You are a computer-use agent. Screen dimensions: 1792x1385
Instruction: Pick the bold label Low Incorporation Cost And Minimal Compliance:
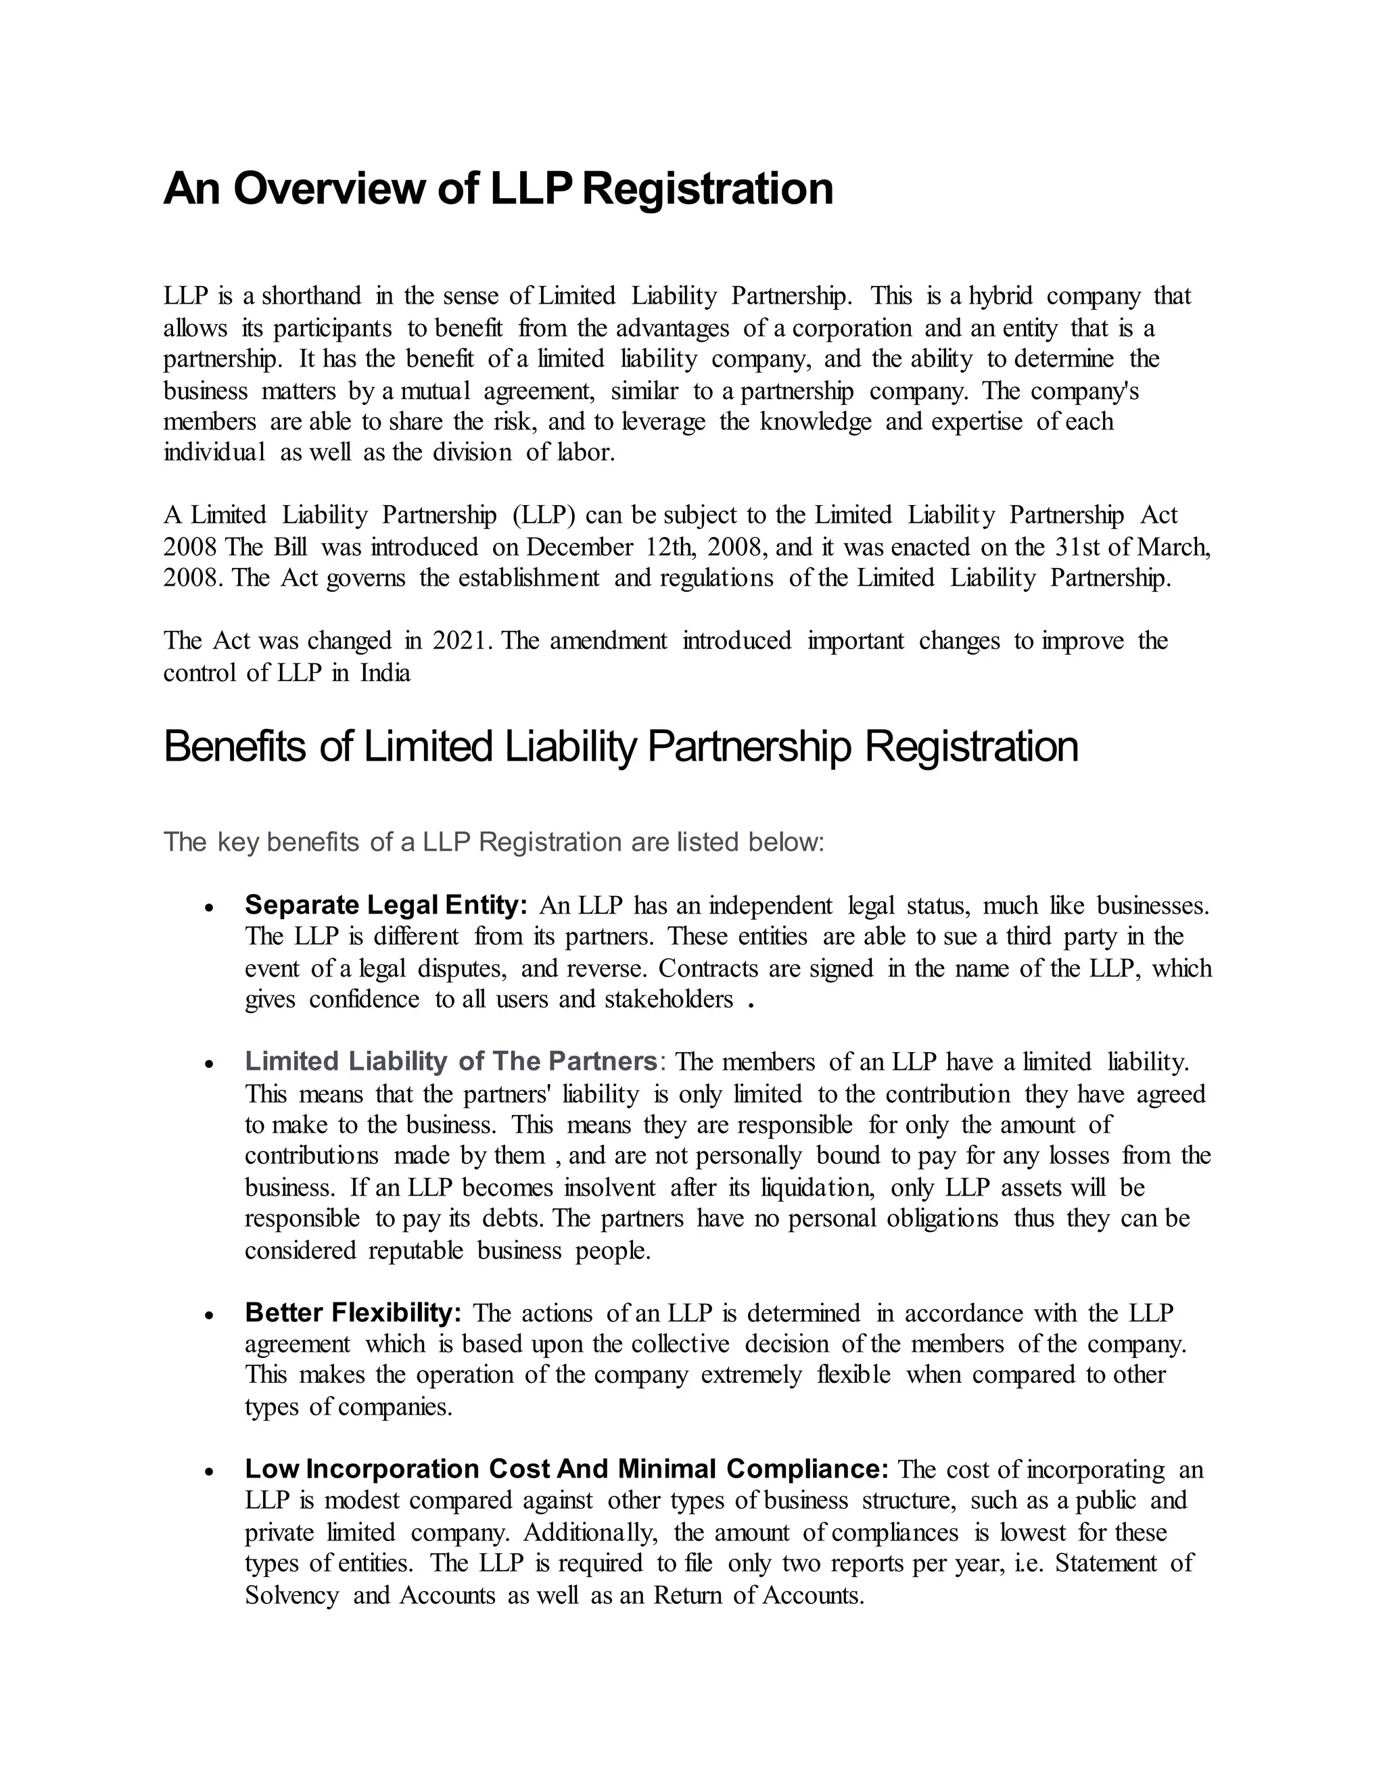pyautogui.click(x=566, y=1469)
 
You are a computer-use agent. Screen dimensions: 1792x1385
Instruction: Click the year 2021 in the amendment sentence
pyautogui.click(x=462, y=641)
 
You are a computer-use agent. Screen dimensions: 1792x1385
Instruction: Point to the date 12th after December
pyautogui.click(x=670, y=547)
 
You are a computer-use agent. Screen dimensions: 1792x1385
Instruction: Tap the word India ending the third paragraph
pyautogui.click(x=385, y=674)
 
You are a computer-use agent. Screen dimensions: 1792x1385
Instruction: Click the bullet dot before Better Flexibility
pyautogui.click(x=210, y=1315)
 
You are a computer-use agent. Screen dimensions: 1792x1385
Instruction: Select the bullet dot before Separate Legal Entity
pyautogui.click(x=210, y=908)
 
